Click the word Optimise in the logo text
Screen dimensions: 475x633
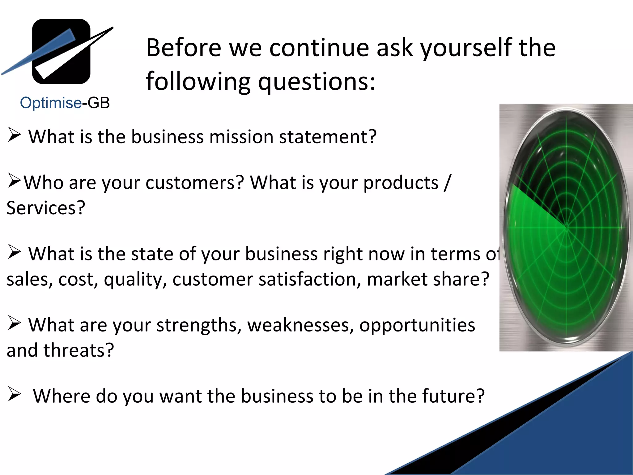[x=51, y=103]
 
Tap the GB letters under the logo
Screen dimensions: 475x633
[x=99, y=103]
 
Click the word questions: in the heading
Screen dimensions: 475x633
[x=316, y=82]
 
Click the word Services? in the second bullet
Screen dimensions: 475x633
[x=46, y=208]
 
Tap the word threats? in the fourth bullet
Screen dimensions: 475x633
[x=79, y=351]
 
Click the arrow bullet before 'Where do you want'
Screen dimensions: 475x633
[x=14, y=394]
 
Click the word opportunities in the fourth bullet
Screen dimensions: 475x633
[x=417, y=325]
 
